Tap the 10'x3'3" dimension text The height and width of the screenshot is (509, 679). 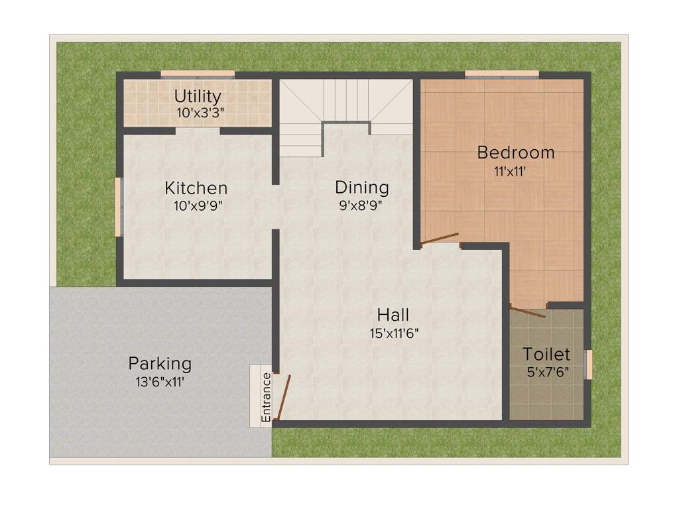pos(200,113)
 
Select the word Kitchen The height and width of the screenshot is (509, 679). pos(196,188)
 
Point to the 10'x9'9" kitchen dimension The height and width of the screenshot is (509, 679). pos(198,205)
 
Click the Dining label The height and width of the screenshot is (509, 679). pos(361,187)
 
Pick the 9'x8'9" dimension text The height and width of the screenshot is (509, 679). pos(361,205)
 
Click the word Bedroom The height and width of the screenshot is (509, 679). pos(516,152)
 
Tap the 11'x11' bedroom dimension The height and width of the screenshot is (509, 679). pos(510,170)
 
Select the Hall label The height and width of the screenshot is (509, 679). pos(393,314)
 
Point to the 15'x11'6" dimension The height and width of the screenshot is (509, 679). pos(393,333)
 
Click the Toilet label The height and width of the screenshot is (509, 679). pos(546,354)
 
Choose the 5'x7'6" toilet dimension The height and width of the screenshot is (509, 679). pos(548,372)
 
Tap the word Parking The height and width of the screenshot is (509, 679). pos(160,363)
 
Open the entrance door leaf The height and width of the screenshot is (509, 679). pos(283,398)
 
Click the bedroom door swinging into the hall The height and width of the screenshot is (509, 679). pos(440,239)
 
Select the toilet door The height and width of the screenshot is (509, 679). pos(528,311)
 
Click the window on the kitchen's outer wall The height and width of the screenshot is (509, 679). pos(119,206)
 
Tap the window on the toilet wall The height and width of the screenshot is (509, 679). pos(588,364)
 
